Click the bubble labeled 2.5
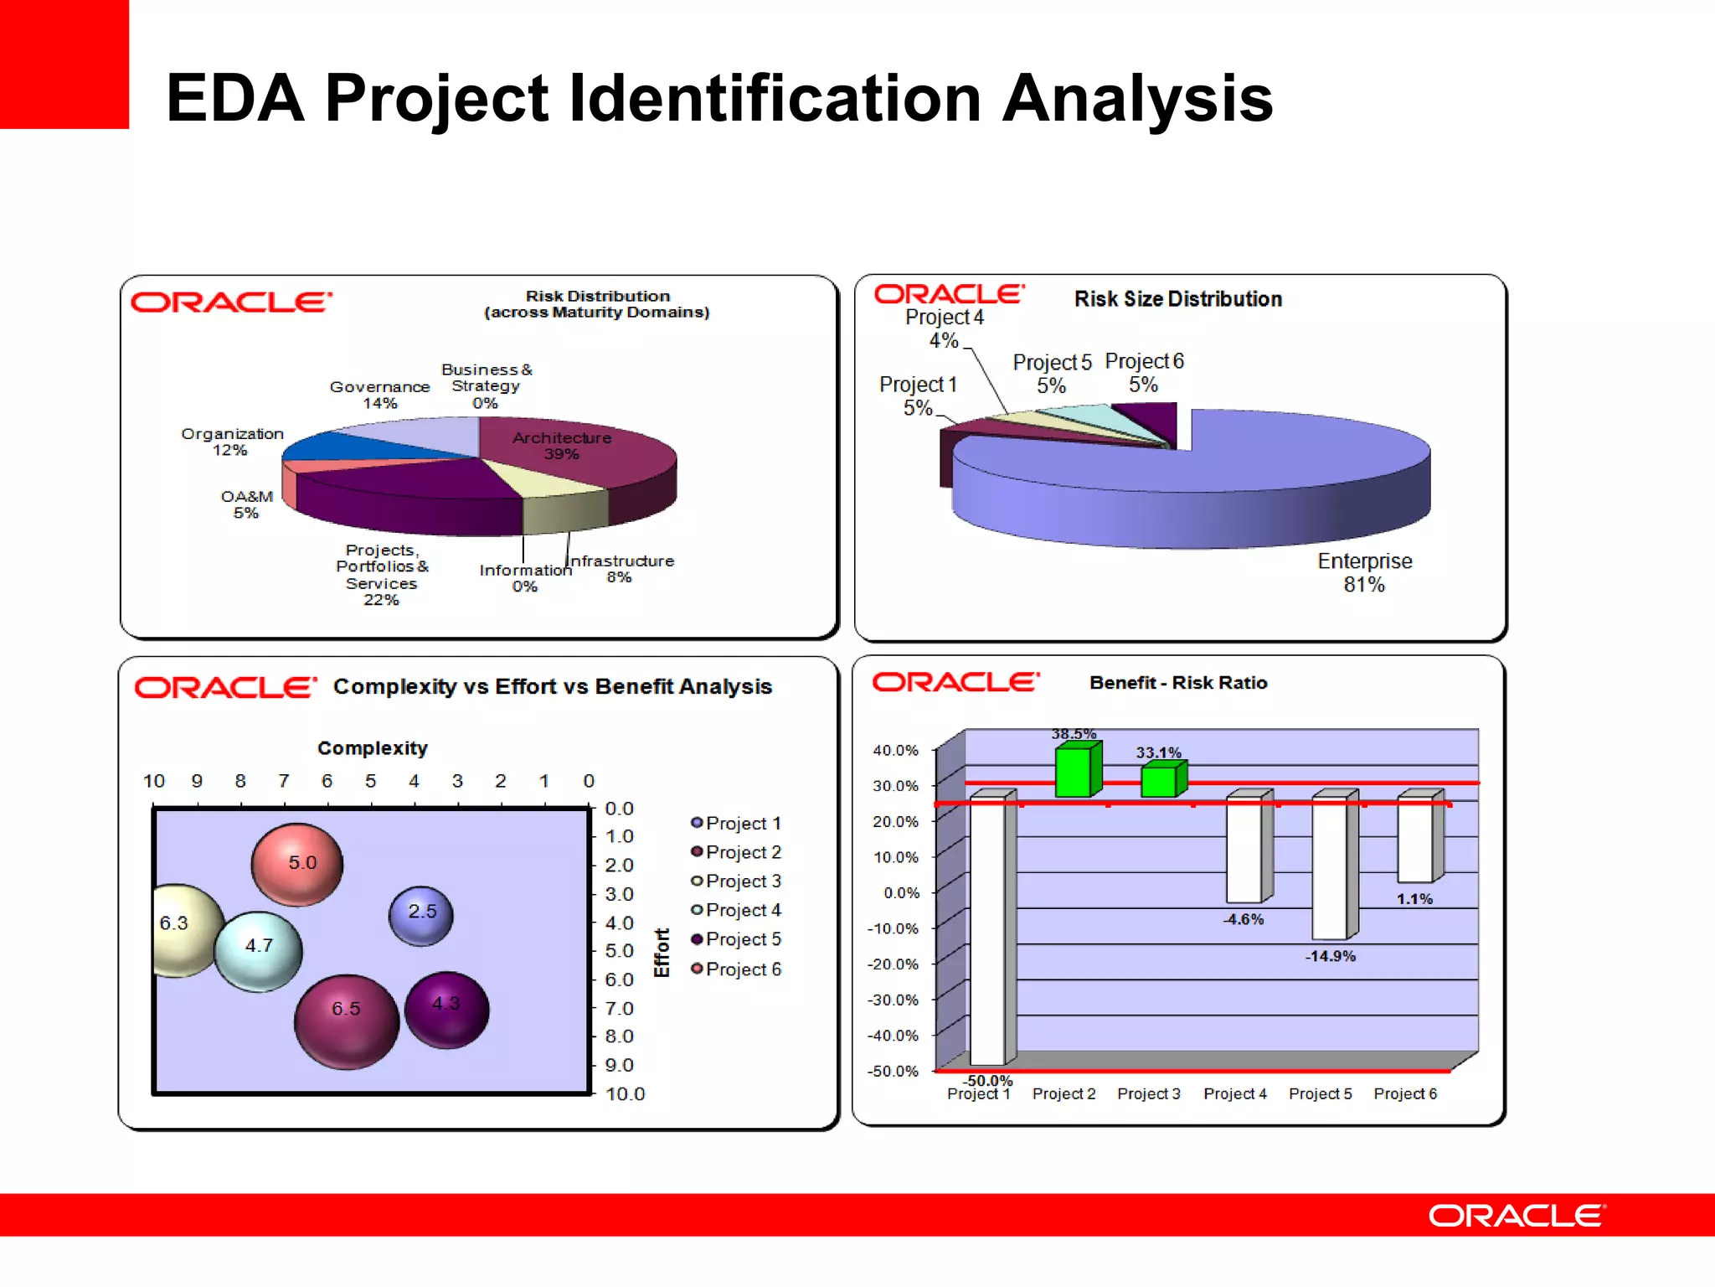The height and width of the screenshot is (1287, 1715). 421,915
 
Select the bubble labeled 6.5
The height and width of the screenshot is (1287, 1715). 347,1021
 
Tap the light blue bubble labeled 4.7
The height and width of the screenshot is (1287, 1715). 259,951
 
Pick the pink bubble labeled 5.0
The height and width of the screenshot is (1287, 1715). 297,864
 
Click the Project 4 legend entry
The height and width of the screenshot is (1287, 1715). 736,910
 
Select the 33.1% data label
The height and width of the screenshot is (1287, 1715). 1158,752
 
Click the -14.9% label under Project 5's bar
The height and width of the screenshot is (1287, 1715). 1330,956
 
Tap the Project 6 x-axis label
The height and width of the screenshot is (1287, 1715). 1405,1093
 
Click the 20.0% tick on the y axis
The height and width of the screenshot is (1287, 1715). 895,822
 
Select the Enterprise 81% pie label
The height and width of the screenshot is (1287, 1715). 1364,572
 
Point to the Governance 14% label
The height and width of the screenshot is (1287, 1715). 379,395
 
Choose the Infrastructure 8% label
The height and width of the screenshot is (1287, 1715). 621,568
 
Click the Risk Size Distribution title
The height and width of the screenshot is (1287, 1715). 1177,299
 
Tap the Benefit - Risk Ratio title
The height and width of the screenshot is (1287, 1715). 1178,683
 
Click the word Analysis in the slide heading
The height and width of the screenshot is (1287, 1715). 1137,98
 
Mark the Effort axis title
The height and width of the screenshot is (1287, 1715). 662,953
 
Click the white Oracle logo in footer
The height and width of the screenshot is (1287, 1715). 1517,1216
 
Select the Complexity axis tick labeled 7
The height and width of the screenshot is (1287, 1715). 284,781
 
